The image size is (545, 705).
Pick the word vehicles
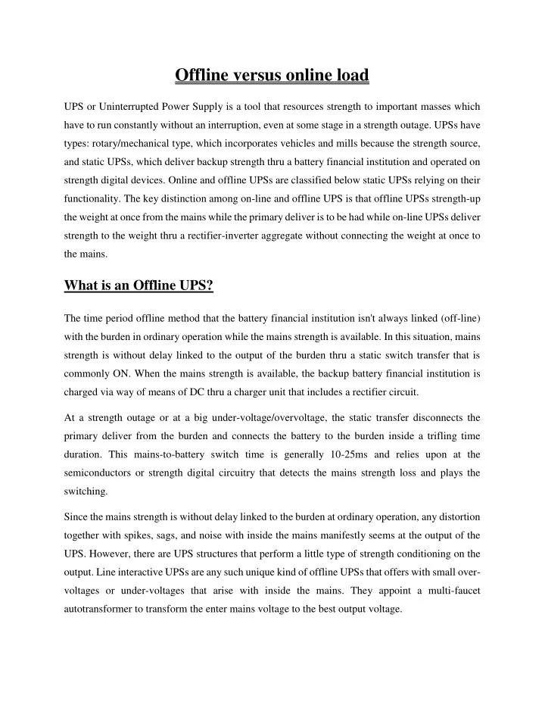tap(301, 141)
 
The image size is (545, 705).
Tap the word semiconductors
tap(102, 473)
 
